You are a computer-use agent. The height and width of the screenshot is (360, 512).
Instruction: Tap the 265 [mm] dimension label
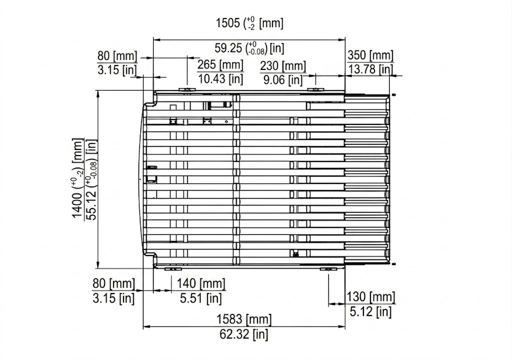220,64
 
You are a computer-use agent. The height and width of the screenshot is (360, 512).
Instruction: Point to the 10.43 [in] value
220,78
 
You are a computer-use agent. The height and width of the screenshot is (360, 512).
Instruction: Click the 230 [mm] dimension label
283,66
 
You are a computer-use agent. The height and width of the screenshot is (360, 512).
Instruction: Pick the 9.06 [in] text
283,79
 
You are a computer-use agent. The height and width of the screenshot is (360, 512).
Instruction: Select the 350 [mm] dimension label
370,55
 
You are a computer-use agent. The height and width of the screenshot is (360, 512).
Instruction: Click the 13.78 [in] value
370,69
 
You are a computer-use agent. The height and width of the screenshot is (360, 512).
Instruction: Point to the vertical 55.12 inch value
92,180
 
